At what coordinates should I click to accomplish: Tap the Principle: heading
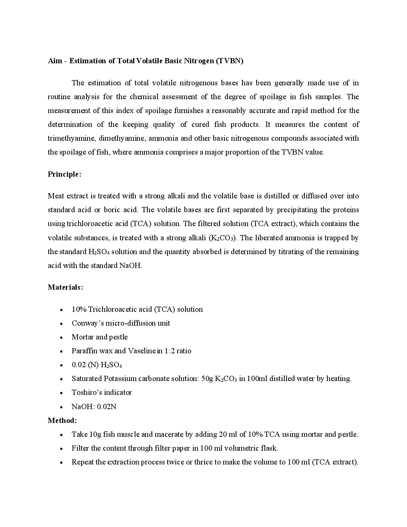click(x=64, y=174)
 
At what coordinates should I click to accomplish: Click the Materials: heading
click(x=65, y=287)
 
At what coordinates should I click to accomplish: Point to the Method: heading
click(x=62, y=420)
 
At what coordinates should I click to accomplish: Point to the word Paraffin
click(x=84, y=351)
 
